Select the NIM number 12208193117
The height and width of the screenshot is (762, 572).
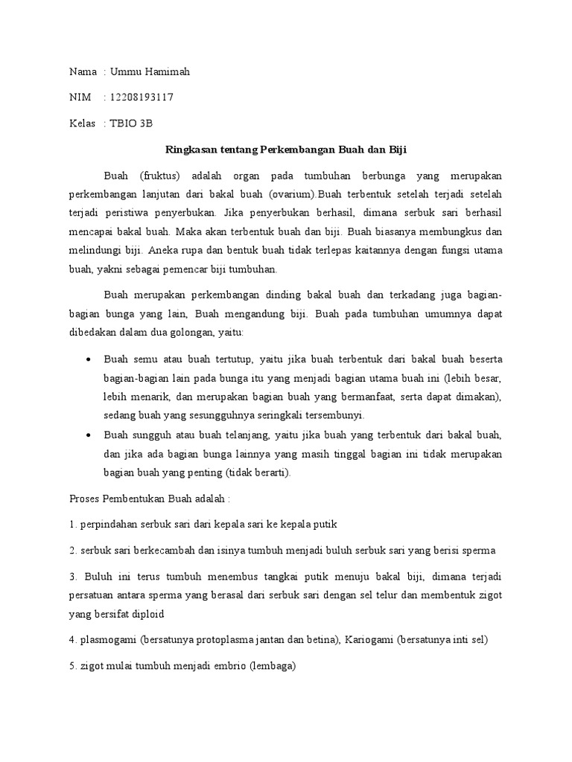[142, 97]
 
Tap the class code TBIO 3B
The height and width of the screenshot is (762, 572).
[130, 124]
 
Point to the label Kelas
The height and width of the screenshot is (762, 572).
[82, 124]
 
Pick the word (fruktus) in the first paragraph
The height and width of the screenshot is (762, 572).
[160, 175]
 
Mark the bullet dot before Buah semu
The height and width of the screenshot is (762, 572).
[89, 359]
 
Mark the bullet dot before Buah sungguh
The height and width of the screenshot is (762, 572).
[89, 434]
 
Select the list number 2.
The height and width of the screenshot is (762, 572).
[71, 550]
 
